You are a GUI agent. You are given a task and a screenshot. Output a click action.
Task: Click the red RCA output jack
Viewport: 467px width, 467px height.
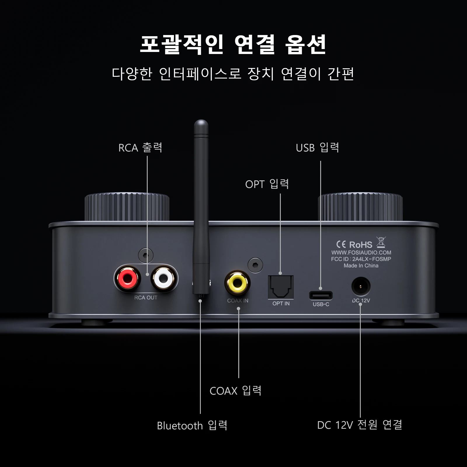[128, 278]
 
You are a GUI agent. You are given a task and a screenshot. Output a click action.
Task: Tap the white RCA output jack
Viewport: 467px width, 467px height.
[164, 278]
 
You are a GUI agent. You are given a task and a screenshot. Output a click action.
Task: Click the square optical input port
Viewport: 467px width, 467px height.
[281, 287]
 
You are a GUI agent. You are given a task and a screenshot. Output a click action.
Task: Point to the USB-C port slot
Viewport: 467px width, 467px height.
[321, 295]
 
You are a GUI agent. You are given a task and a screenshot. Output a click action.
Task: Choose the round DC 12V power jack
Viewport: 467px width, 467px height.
[361, 287]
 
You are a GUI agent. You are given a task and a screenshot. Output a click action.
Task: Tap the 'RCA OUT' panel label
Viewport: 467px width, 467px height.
[146, 298]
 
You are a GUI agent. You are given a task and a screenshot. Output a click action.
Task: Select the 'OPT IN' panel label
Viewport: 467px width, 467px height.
[281, 304]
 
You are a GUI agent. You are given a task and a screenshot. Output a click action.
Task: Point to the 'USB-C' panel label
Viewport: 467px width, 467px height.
[321, 304]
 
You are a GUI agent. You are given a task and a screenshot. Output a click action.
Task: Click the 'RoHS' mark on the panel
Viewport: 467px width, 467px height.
[360, 245]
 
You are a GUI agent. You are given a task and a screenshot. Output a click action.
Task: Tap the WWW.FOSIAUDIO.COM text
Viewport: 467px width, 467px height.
[361, 253]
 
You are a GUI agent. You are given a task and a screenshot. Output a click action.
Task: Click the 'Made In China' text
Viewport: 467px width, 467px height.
[361, 266]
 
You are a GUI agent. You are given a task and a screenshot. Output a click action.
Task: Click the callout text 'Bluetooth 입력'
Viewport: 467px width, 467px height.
[192, 426]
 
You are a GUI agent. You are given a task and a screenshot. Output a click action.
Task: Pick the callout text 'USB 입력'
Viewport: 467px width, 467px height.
[317, 148]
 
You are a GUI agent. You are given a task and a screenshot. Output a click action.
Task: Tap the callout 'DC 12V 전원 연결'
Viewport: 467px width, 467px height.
[360, 425]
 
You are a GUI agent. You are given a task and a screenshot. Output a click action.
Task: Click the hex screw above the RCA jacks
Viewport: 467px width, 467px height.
[146, 255]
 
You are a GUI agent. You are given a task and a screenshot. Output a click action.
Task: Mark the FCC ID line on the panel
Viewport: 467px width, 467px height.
[361, 259]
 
